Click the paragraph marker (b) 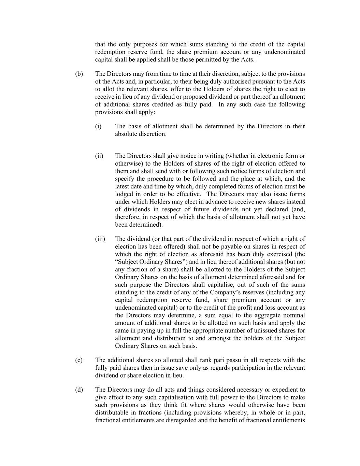tap(79, 74)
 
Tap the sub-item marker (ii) tap(99, 156)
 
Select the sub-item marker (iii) tap(100, 239)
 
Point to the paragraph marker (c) tap(79, 360)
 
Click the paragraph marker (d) tap(79, 390)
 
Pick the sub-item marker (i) tap(98, 126)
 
